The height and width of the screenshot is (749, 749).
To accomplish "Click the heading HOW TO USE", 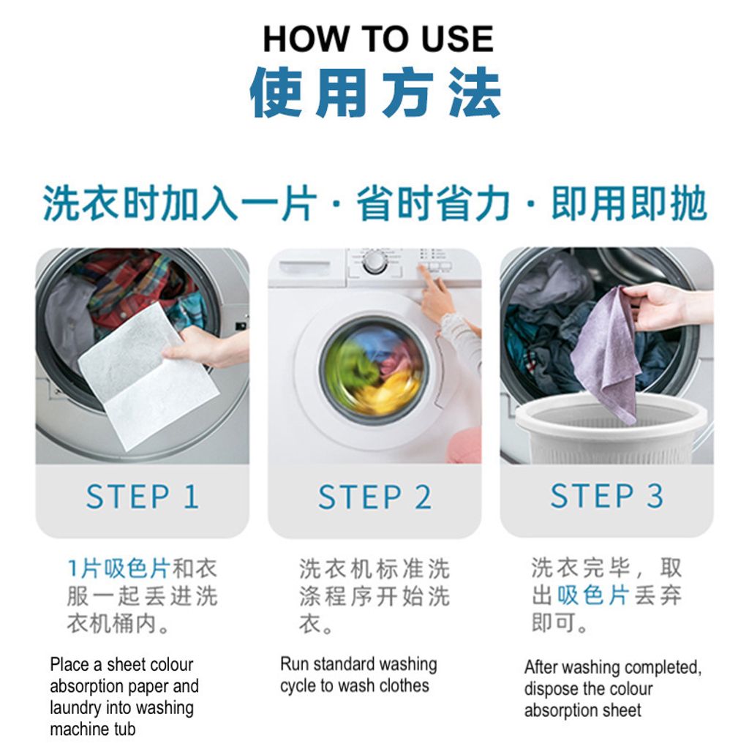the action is coord(378,39).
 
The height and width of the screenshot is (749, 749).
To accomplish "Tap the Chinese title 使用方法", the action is coord(375,92).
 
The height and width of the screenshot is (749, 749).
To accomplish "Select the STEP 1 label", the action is coord(142,497).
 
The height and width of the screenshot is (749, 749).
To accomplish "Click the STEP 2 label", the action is coord(375,497).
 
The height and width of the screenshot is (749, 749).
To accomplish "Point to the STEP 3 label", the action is coord(607,495).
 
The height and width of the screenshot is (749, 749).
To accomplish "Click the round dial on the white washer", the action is coord(375,263).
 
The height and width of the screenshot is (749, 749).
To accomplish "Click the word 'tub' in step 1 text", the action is coord(124,729).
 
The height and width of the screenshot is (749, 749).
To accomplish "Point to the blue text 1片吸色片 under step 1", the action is coord(119,568).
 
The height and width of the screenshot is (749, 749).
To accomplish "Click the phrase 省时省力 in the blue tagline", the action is coord(434,204).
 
